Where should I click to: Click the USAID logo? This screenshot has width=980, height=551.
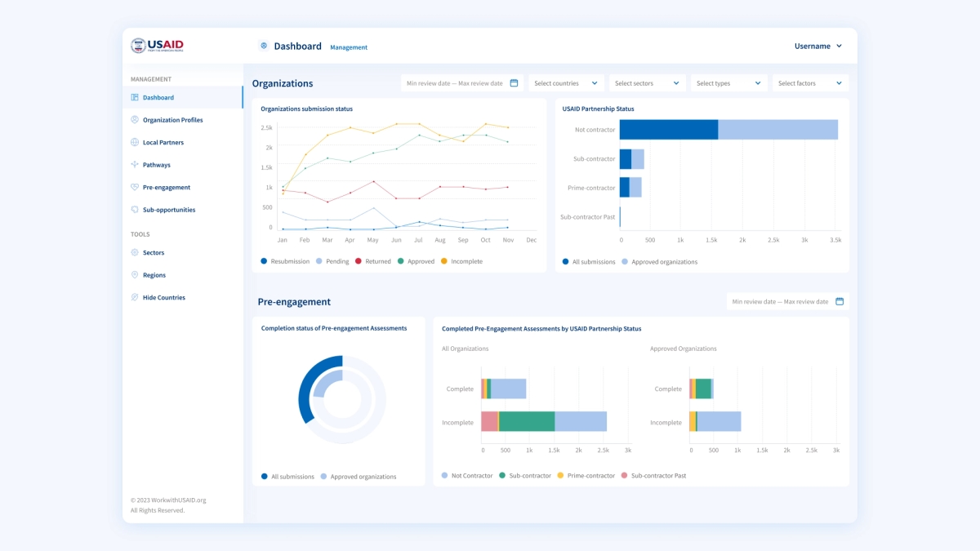[158, 46]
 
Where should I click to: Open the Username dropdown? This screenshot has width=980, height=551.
[817, 47]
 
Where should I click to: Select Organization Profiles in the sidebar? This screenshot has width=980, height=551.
[172, 120]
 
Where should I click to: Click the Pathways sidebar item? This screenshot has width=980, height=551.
[156, 165]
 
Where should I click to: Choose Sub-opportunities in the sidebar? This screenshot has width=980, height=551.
[169, 210]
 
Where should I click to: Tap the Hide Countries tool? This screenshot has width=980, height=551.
[163, 298]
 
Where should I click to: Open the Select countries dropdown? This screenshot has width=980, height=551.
[567, 83]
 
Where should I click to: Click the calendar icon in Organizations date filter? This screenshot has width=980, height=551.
[514, 83]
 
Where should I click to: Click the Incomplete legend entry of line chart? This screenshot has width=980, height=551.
[461, 261]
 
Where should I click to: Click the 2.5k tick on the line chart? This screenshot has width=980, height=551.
[266, 127]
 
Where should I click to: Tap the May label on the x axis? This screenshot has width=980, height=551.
[372, 240]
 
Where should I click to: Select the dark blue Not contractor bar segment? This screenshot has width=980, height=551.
[668, 130]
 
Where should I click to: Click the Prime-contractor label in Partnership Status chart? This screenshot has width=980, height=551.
[591, 188]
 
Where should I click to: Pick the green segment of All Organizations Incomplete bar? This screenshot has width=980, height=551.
[526, 421]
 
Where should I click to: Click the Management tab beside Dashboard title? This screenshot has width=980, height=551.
[349, 47]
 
